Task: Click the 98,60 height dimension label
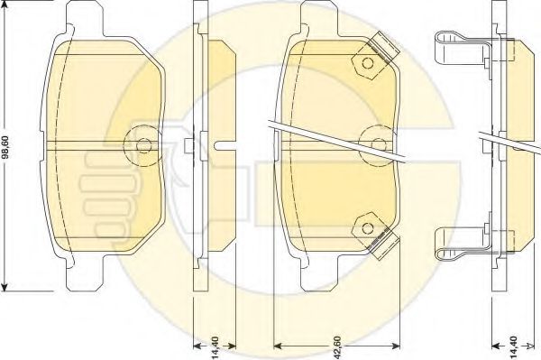pos(6,147)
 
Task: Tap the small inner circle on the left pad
pos(143,145)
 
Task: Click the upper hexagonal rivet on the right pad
pos(367,63)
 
